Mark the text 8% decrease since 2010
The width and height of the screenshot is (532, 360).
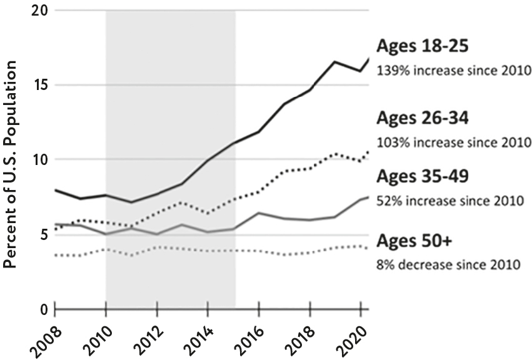448,264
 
